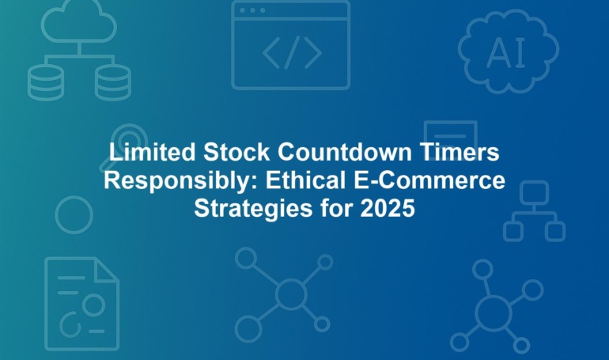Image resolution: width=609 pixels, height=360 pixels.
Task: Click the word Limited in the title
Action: pos(152,152)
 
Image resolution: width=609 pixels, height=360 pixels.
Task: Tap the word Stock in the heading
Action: pos(236,152)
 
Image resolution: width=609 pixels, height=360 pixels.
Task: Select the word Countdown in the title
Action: pos(344,152)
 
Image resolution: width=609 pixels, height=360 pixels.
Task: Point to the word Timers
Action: pos(459,152)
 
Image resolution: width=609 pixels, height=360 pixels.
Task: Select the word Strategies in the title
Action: pos(253,209)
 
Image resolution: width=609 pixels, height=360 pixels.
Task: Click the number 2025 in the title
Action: pos(388,208)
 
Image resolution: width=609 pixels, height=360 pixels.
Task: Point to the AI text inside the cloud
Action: pos(506,53)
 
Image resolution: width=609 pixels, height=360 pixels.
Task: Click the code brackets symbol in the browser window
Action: pos(292,52)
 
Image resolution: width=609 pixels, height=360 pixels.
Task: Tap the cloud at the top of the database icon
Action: pos(79,21)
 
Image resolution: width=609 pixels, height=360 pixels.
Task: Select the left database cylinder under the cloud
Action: pos(45,82)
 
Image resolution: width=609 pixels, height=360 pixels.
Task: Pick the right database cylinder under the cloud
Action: pos(113,82)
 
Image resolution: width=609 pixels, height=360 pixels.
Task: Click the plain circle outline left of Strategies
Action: pos(55,214)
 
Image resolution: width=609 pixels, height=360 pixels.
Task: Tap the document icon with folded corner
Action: pos(45,303)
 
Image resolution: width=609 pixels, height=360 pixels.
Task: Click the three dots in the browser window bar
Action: pos(252,10)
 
